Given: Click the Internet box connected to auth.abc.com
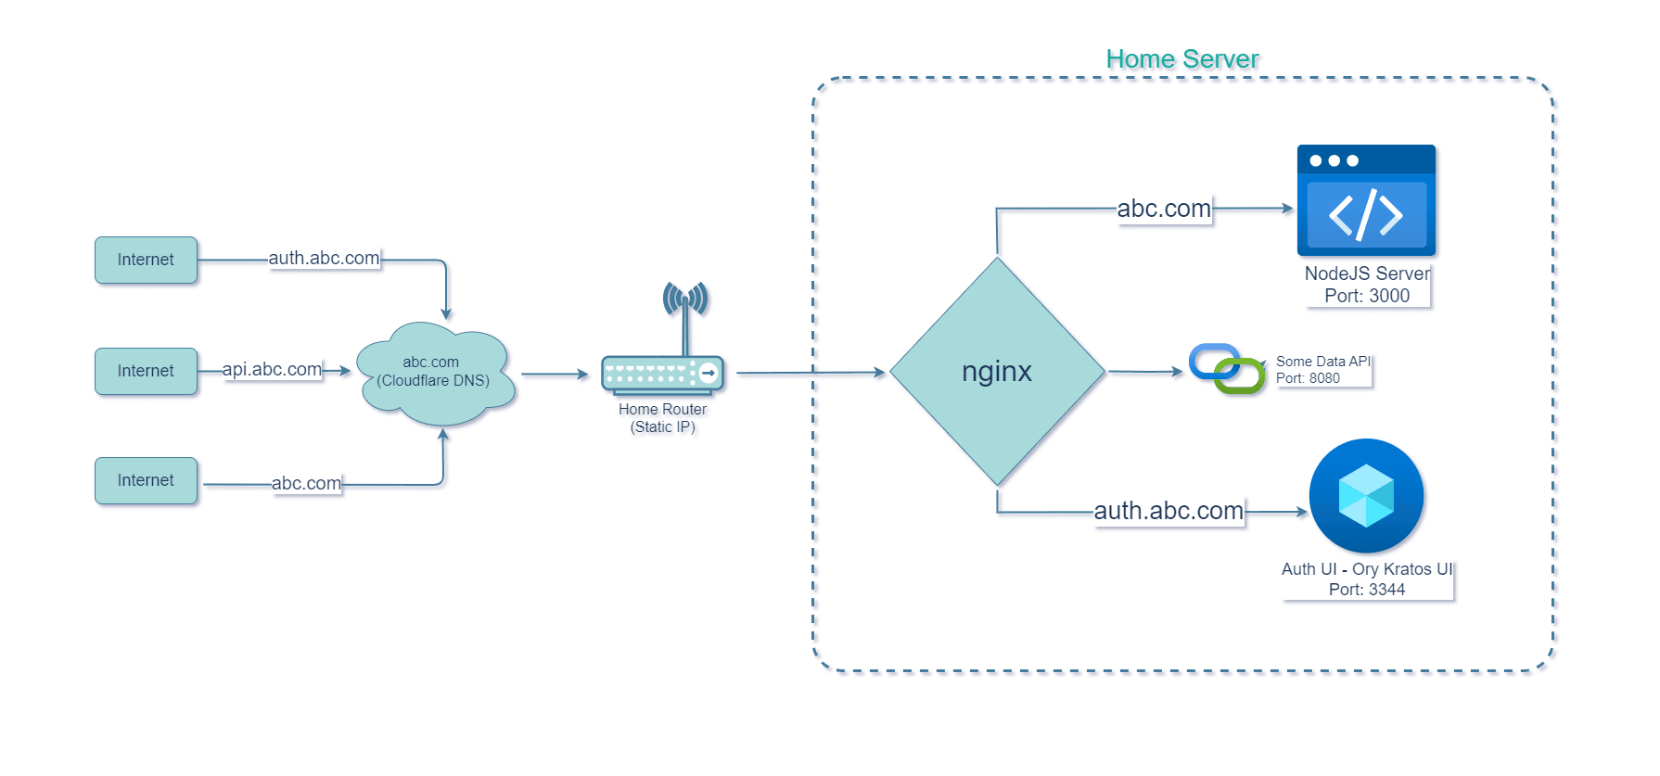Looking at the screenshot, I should point(146,260).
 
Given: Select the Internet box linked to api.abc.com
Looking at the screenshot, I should point(146,371).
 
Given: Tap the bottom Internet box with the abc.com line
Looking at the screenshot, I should point(146,480).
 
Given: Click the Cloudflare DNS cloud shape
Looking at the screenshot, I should point(434,374).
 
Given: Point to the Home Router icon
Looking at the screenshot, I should point(662,374).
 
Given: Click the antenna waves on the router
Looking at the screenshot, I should point(685,298).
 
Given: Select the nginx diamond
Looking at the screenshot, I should point(997,372).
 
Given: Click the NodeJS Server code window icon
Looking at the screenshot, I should point(1366,200).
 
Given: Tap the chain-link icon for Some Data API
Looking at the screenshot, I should point(1227,369).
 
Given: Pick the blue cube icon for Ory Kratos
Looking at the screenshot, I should point(1366,496).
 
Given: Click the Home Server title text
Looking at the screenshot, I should point(1181,59).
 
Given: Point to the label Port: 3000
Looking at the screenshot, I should point(1366,296).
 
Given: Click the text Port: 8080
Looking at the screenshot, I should point(1308,378).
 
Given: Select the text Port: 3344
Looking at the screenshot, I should point(1366,590).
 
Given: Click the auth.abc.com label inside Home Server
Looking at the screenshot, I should point(1168,511).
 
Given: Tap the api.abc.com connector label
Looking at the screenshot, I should point(272,369).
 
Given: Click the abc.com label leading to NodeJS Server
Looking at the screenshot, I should point(1164,209).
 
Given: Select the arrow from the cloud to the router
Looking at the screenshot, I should point(555,375).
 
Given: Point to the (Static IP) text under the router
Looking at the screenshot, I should point(662,427).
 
